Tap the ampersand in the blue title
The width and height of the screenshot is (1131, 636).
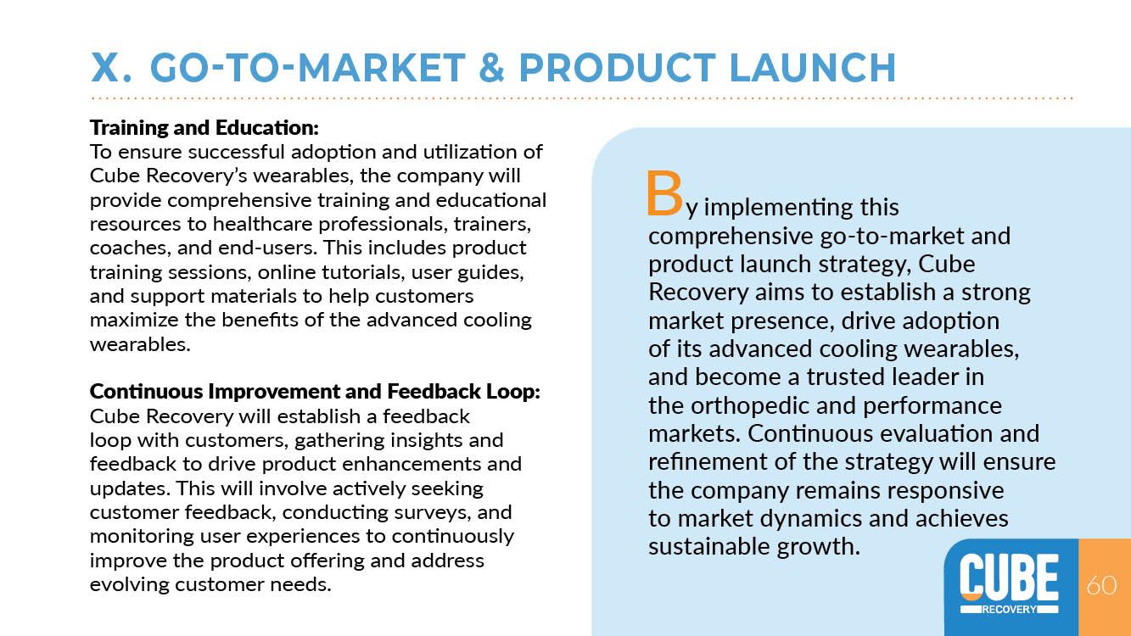(x=491, y=68)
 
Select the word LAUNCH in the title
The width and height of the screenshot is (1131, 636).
(x=813, y=68)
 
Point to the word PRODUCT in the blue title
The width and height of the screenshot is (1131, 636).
(x=618, y=68)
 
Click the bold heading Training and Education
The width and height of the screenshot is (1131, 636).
(x=204, y=128)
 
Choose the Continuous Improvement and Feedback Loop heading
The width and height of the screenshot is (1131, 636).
(x=315, y=391)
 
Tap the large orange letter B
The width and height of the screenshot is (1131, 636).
(x=664, y=193)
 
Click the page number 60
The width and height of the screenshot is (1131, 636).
(x=1101, y=585)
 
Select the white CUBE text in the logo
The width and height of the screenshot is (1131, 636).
(x=1009, y=576)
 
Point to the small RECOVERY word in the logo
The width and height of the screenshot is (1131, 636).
(x=1010, y=609)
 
